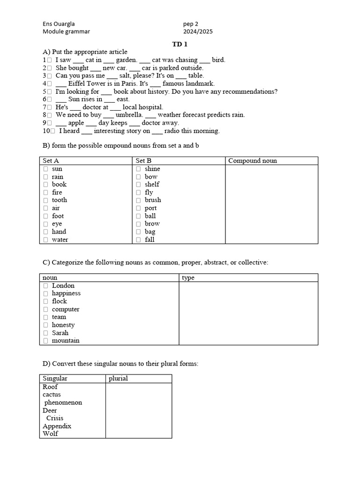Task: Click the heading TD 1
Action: click(x=180, y=44)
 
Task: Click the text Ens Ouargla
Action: click(x=59, y=24)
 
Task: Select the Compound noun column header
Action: click(x=252, y=161)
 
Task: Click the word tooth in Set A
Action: click(x=60, y=200)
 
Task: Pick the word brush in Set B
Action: click(x=153, y=200)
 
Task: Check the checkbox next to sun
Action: click(x=46, y=169)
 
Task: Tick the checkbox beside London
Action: click(x=46, y=285)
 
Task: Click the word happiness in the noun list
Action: click(x=66, y=293)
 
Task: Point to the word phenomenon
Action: click(x=63, y=403)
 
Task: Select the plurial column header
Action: click(x=118, y=378)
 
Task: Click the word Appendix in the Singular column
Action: click(x=57, y=426)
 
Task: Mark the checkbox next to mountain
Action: click(x=46, y=341)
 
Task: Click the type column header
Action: click(x=188, y=278)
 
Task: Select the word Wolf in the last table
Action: click(x=50, y=434)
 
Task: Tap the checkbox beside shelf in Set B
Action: click(x=138, y=185)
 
